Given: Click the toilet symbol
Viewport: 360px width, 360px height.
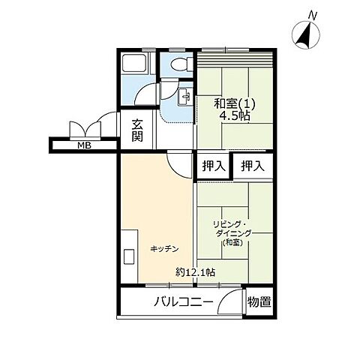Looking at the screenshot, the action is pos(182,64).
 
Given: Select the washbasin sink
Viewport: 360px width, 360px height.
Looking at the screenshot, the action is pos(185,97).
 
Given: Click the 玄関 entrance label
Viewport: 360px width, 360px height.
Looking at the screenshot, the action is pos(137,130).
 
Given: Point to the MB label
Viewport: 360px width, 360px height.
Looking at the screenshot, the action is pos(84,145).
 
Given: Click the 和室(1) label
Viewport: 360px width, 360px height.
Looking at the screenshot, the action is pos(234,103).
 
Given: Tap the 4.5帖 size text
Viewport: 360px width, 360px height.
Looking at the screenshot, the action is pos(235,115).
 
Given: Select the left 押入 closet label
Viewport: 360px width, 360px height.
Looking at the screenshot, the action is pos(214,166).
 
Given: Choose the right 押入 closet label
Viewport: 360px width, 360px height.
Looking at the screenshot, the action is pos(253,166).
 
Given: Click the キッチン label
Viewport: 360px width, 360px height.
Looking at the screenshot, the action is pos(164,249).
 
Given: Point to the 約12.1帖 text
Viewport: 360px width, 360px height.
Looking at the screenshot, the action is pos(196,272).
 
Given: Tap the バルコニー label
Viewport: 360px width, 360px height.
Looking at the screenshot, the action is pos(183,301).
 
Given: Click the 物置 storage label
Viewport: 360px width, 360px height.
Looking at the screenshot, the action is pos(259,301).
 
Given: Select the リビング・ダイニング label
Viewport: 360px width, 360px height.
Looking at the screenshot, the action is pos(232,229).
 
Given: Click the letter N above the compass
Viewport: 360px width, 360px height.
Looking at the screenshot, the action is pos(312,16).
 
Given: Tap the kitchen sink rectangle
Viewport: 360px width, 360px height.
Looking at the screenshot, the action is pos(129,256).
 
